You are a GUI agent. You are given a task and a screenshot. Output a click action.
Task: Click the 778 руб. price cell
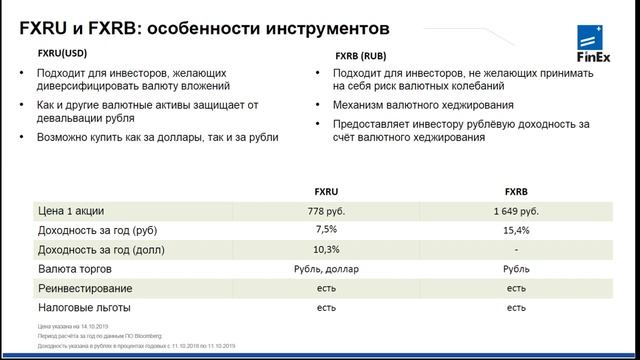[x=319, y=211]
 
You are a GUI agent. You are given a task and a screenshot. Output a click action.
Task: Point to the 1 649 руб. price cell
[x=516, y=211]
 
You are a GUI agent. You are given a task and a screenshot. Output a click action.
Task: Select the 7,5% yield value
[x=319, y=230]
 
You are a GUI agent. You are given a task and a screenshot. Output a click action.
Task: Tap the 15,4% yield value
[x=516, y=230]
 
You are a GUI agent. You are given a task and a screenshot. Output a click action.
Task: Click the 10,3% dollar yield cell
[x=319, y=249]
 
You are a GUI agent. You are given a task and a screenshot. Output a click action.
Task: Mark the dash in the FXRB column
[x=516, y=249]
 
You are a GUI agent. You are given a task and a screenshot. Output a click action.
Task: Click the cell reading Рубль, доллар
[x=319, y=269]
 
